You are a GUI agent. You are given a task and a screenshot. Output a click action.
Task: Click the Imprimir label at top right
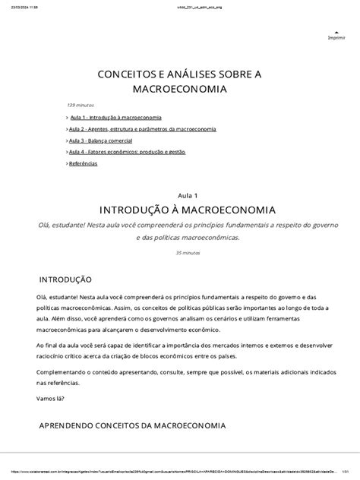tap(335, 38)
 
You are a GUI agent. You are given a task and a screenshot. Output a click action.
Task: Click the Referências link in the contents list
tap(84, 164)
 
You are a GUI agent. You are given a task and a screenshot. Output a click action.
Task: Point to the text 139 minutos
tap(81, 106)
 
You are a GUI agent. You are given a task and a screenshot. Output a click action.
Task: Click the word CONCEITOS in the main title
tap(131, 74)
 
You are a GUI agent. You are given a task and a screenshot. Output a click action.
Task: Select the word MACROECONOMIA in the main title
tap(180, 90)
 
